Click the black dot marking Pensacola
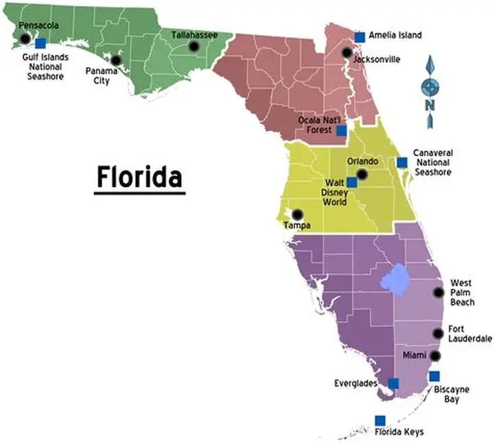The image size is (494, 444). point(25,38)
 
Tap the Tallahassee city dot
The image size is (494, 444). point(193,47)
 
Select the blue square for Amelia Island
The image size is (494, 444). point(360,36)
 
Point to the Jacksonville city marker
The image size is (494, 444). point(347,53)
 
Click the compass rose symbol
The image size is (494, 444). point(430,86)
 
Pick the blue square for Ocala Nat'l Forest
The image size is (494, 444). point(341,130)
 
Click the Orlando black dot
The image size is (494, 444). point(362,175)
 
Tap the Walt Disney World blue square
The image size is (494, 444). point(351,182)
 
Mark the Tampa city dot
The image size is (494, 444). point(297,214)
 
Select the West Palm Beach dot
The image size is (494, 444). point(438,292)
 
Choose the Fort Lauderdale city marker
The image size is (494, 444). point(438,334)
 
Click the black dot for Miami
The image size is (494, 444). point(435,356)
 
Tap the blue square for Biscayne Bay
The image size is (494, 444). point(434,376)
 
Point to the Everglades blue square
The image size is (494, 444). point(393,383)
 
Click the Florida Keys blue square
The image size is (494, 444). point(379,420)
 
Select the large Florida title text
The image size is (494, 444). point(139,177)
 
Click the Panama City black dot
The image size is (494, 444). point(116,60)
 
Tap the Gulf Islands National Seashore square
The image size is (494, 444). point(40,42)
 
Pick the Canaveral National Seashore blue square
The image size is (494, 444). point(402,162)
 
